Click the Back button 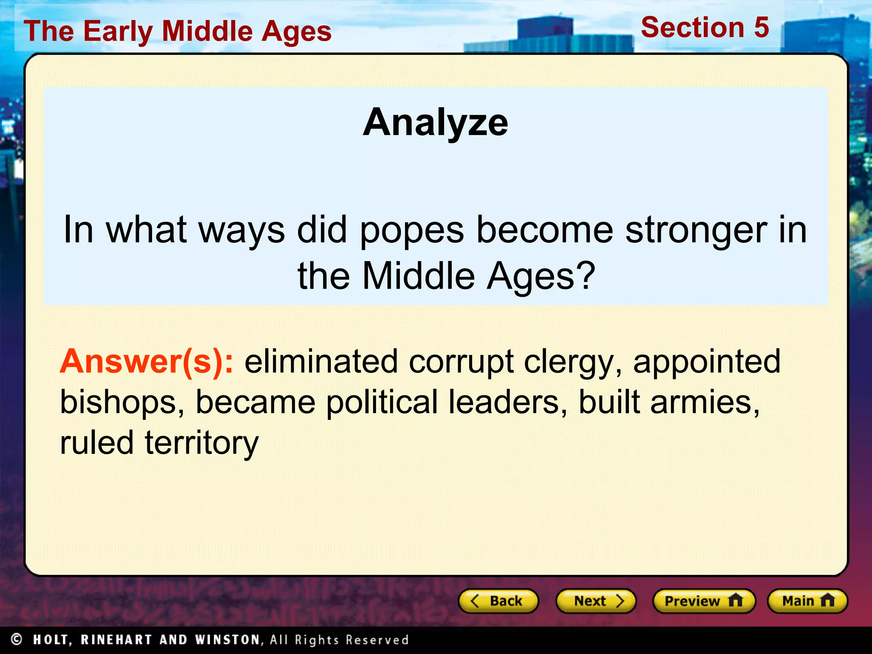coord(498,601)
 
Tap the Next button coord(596,601)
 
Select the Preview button coord(703,601)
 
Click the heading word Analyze coord(435,123)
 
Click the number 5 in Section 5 coord(761,28)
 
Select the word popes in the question coord(412,230)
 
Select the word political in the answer coord(382,402)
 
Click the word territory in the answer coord(202,443)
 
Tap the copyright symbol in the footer coord(17,639)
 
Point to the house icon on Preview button coord(735,600)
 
